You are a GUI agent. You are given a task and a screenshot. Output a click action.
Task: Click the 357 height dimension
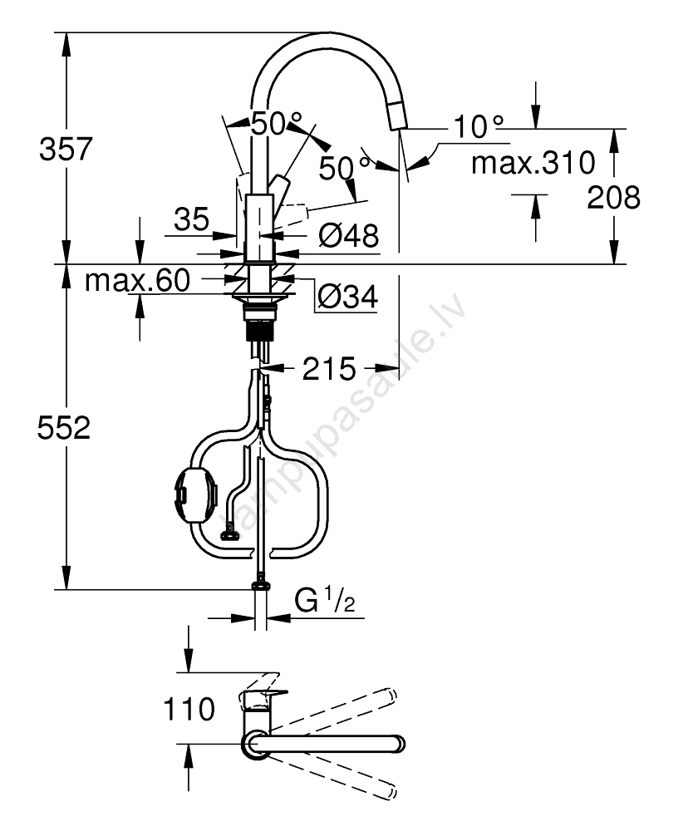(x=66, y=149)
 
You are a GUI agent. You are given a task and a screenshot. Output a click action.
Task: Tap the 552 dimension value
(x=64, y=427)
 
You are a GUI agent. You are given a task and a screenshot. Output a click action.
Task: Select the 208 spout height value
(x=613, y=197)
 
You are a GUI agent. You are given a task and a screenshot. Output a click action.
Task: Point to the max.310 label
(x=533, y=163)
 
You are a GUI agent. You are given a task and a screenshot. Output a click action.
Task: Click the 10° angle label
(x=479, y=126)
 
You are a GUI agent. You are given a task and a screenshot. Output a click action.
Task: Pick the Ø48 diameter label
(x=349, y=235)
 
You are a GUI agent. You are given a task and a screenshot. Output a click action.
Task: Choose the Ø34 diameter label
(x=348, y=297)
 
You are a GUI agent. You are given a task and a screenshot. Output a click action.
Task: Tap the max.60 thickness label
(x=137, y=280)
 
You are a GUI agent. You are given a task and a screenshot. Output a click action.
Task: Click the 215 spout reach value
(x=329, y=368)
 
